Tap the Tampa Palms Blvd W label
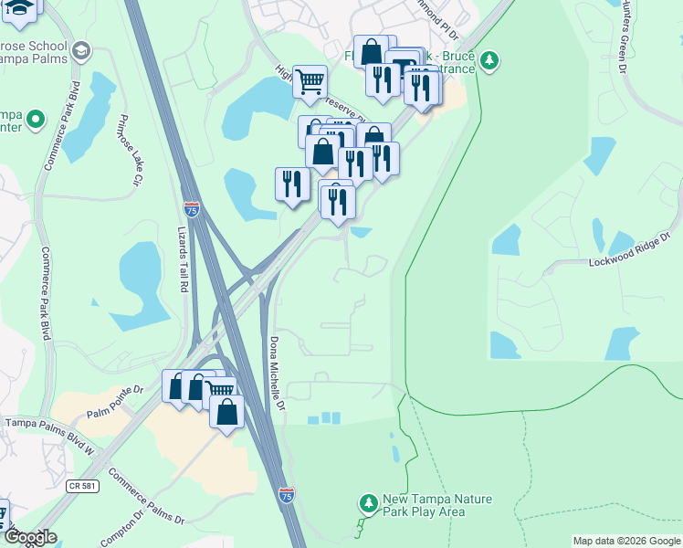coord(50,424)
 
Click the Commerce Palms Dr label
coord(146,498)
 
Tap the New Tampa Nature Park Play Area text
coord(437,505)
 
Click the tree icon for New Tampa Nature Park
coord(369,503)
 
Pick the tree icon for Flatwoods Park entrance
coord(490,61)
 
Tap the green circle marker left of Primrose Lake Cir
coord(36,120)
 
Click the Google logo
coord(29,538)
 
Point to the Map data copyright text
coord(625,541)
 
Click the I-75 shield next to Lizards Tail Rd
coord(192,209)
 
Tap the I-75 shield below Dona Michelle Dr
coord(288,495)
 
